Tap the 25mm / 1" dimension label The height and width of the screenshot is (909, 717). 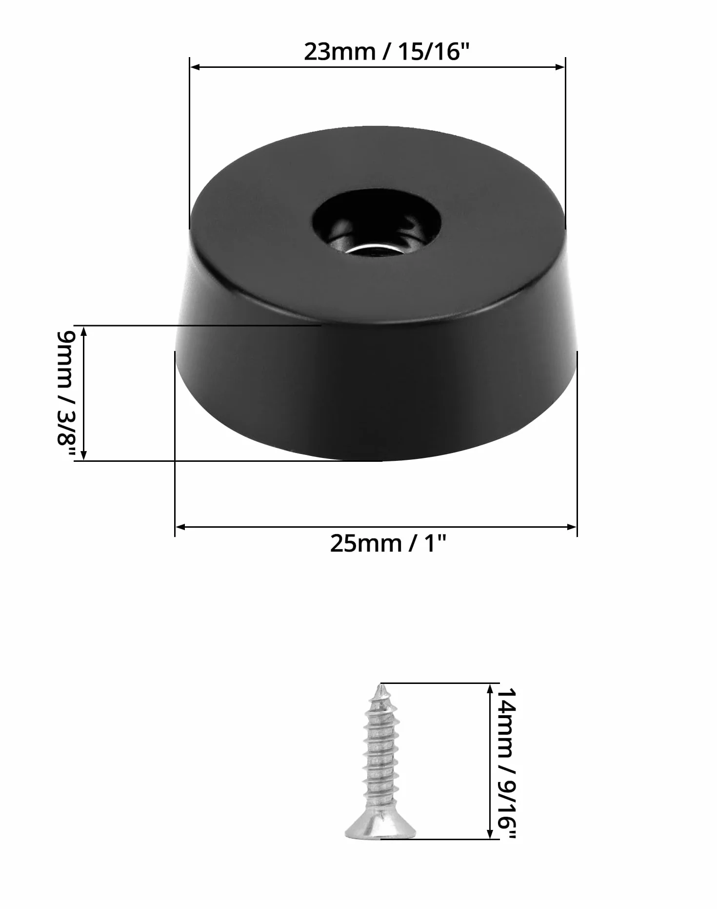[x=388, y=543]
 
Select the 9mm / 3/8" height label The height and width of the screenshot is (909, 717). [x=66, y=395]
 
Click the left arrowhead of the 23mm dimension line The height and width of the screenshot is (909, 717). [x=195, y=66]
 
